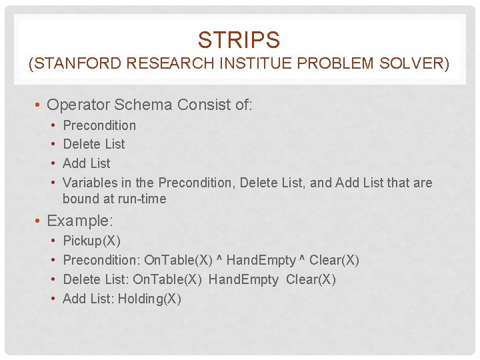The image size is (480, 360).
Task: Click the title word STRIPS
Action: tap(239, 40)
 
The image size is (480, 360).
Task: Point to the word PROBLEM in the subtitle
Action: tap(324, 65)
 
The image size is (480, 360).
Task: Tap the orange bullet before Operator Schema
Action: tap(39, 105)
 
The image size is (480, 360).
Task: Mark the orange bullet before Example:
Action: tap(39, 221)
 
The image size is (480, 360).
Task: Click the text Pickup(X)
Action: tap(91, 241)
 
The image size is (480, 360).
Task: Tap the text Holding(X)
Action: tap(149, 299)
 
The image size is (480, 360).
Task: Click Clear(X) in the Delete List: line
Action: tap(311, 279)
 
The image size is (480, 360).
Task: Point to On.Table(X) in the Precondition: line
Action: tap(177, 260)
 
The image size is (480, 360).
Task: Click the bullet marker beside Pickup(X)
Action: tap(53, 241)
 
